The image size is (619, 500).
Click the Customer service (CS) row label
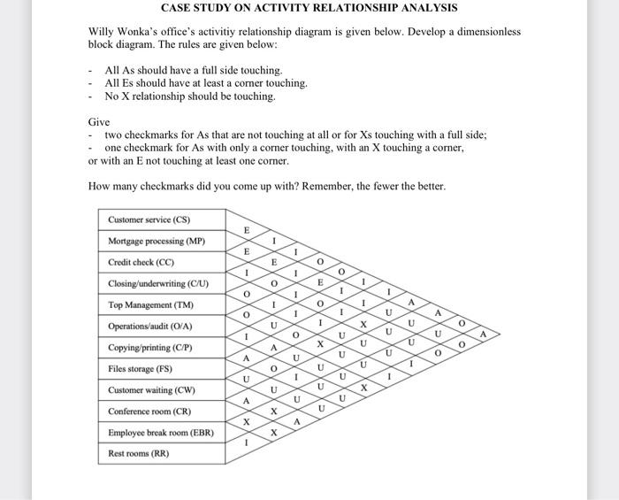pos(149,219)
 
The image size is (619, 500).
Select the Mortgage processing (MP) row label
pos(157,241)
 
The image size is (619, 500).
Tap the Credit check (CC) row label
pos(141,262)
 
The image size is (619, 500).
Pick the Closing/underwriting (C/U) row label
pos(158,283)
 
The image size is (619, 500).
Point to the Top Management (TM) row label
pos(150,305)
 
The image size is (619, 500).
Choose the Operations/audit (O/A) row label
pos(150,327)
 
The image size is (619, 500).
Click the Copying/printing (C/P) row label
pos(149,348)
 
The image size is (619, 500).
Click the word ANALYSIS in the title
pos(425,8)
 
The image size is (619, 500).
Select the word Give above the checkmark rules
pos(99,121)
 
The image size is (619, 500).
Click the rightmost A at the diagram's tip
pos(483,334)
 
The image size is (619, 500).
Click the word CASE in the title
pos(178,8)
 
